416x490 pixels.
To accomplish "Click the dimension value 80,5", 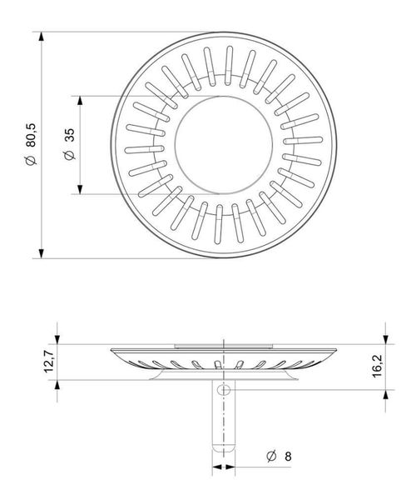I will point(31,132).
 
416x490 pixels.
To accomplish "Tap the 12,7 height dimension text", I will point(49,362).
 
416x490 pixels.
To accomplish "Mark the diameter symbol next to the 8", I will point(270,457).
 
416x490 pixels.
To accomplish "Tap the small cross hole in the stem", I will point(224,392).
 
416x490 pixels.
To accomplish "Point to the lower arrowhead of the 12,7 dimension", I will point(58,387).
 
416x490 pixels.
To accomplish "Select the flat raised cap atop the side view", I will point(223,342).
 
